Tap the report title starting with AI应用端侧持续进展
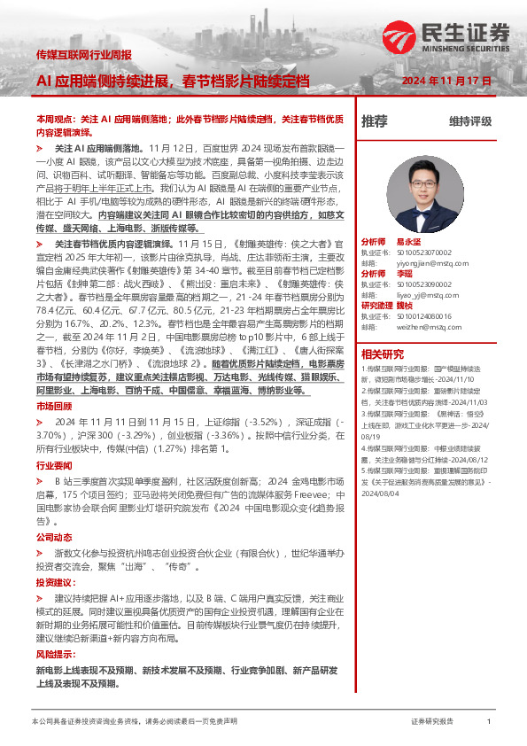173,81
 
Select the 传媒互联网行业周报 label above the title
83,55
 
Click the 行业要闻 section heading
52,464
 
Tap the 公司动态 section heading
52,538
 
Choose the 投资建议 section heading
53,583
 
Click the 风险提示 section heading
53,654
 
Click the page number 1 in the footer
488,722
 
